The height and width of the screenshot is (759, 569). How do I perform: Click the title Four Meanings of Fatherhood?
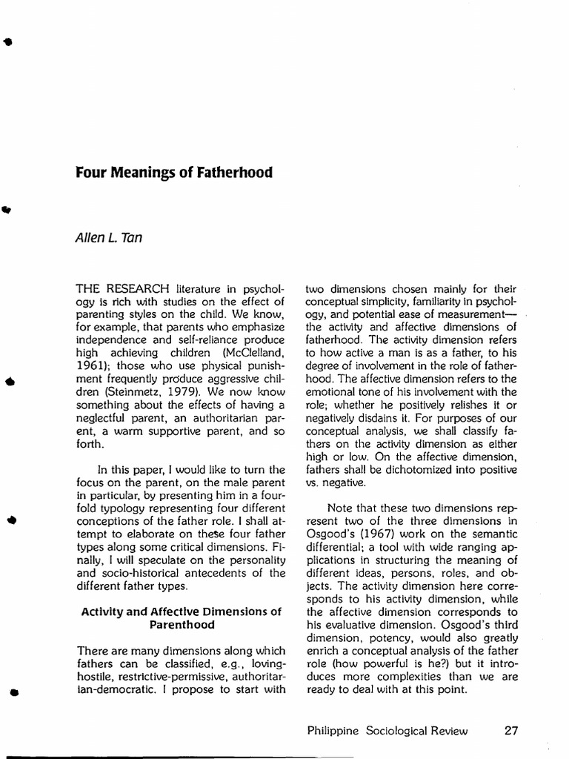[174, 173]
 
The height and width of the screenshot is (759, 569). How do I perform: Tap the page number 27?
[510, 730]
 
